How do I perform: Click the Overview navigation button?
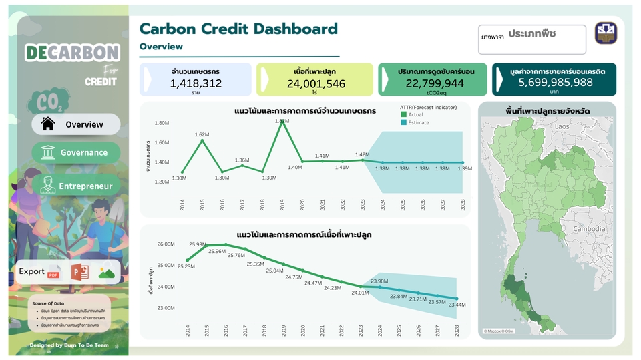pyautogui.click(x=75, y=124)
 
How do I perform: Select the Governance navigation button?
pyautogui.click(x=76, y=152)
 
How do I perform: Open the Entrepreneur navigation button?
pyautogui.click(x=76, y=186)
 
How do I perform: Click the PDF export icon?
pyautogui.click(x=54, y=272)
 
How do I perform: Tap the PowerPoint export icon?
pyautogui.click(x=80, y=272)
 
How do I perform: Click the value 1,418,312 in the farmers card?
pyautogui.click(x=196, y=83)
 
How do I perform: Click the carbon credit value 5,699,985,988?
pyautogui.click(x=556, y=82)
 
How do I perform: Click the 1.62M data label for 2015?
pyautogui.click(x=203, y=135)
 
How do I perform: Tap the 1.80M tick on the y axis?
pyautogui.click(x=162, y=123)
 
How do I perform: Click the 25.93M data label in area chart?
pyautogui.click(x=198, y=245)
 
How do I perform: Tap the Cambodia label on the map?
pyautogui.click(x=588, y=228)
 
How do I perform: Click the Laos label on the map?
pyautogui.click(x=562, y=126)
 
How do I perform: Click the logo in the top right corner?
pyautogui.click(x=610, y=34)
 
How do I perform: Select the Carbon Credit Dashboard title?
pyautogui.click(x=238, y=29)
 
